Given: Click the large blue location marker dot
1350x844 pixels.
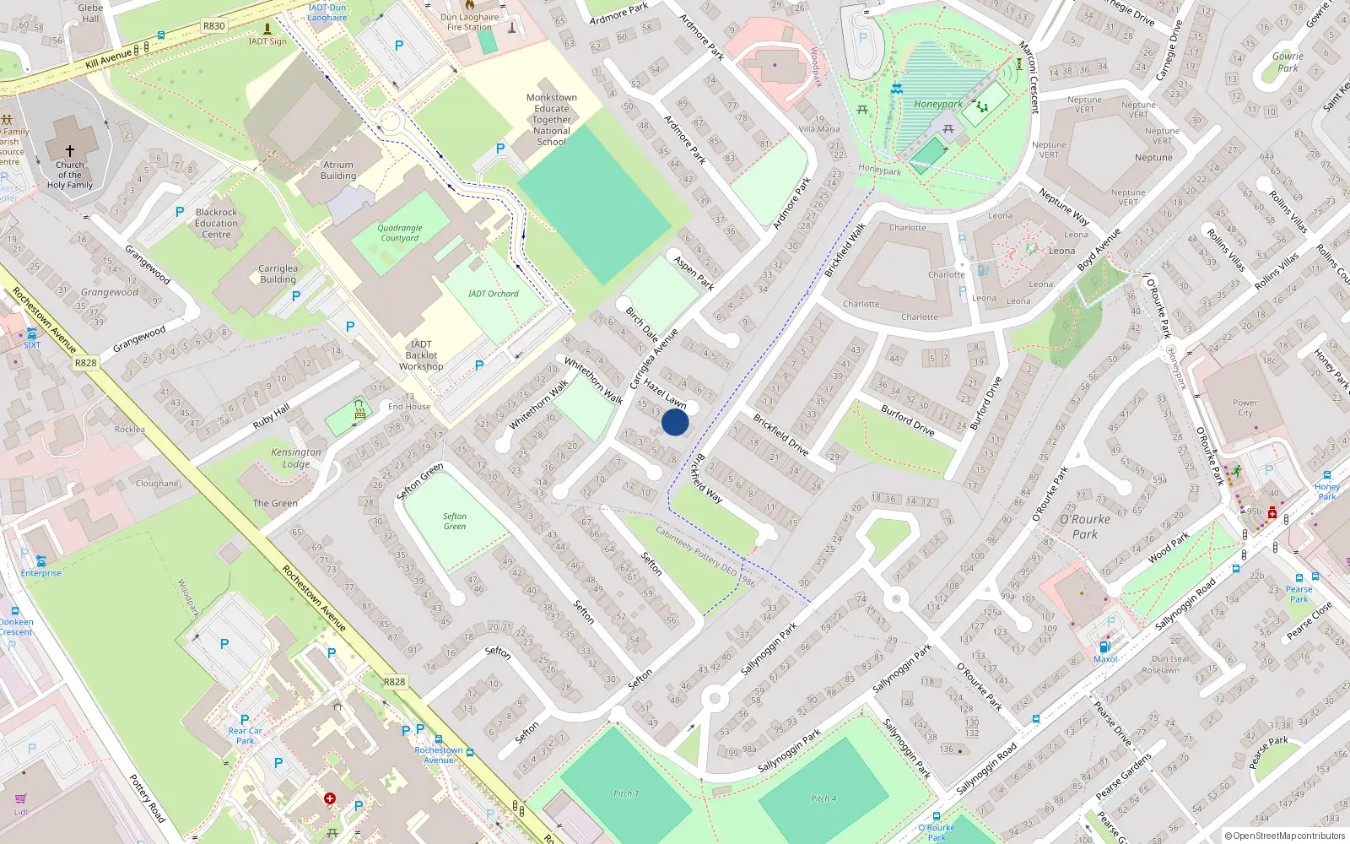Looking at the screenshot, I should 675,423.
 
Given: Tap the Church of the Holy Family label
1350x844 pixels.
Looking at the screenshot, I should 70,175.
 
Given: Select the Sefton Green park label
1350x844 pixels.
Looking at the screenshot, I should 455,522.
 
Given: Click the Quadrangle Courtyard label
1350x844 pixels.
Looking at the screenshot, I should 400,233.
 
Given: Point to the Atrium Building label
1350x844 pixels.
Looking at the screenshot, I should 338,170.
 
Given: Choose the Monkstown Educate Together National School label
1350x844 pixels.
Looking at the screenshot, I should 552,120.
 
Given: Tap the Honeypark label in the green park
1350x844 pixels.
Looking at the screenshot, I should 938,105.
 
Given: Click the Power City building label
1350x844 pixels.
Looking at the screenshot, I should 1245,408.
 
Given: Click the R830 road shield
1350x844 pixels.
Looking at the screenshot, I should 214,26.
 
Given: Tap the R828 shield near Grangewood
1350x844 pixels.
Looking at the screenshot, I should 85,363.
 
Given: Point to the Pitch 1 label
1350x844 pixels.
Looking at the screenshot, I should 625,793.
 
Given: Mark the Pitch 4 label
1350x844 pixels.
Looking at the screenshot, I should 823,798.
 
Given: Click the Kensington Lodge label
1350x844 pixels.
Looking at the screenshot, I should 296,458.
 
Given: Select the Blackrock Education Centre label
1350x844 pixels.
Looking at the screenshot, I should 216,224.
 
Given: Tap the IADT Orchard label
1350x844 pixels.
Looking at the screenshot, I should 494,294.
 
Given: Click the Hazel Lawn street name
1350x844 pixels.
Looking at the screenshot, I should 665,394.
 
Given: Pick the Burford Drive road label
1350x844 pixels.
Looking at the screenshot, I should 908,420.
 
